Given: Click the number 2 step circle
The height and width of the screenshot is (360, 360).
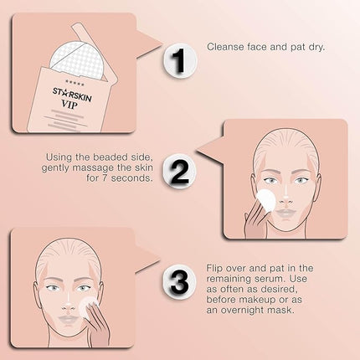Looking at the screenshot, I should pyautogui.click(x=178, y=172).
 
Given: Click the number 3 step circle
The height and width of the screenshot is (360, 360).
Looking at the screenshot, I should pyautogui.click(x=177, y=280).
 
